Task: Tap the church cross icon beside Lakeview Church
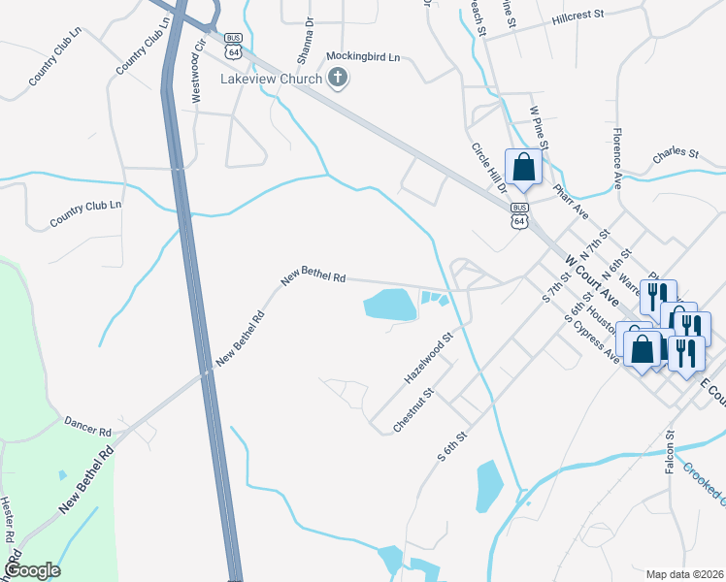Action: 337,79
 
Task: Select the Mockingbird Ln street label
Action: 363,57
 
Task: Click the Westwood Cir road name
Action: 200,59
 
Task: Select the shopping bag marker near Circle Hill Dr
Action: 523,166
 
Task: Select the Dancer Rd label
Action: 87,425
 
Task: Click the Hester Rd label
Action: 7,519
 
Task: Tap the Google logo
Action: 32,570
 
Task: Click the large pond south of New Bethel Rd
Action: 390,305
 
